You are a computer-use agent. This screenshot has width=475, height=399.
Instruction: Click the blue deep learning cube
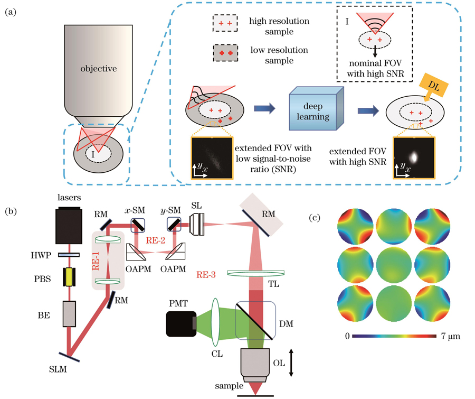(x=316, y=109)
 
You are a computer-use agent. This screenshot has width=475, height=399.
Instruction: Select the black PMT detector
(x=181, y=323)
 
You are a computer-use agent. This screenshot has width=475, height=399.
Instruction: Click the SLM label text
(x=58, y=369)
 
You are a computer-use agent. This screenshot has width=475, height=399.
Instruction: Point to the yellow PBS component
(x=69, y=277)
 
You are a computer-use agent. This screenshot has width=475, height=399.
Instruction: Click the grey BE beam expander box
(x=69, y=314)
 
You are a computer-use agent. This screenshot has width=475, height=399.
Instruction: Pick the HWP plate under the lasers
(x=69, y=255)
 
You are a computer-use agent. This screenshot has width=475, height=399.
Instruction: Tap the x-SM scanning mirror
(x=138, y=225)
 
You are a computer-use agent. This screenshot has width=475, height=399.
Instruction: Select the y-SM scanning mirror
(x=174, y=225)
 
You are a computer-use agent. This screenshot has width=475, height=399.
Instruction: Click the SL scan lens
(x=197, y=224)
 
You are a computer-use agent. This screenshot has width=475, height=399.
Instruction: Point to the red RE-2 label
(x=155, y=240)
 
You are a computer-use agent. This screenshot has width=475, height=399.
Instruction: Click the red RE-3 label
(x=206, y=275)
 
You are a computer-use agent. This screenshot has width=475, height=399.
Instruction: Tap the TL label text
(x=273, y=284)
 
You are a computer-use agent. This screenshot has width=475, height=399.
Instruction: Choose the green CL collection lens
(x=215, y=322)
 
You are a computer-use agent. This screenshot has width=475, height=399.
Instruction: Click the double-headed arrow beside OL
(x=291, y=363)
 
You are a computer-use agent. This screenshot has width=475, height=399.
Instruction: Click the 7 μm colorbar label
(x=451, y=336)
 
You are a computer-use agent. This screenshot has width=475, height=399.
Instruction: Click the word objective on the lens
(x=99, y=69)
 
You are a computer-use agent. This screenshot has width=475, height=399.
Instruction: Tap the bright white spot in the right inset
(x=413, y=157)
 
